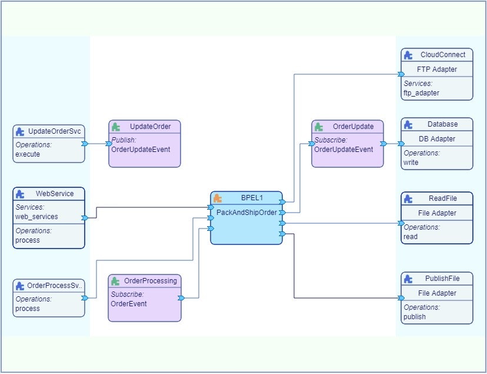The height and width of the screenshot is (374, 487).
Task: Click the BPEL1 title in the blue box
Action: (x=253, y=198)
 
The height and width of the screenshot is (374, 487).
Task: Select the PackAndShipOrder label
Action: (x=246, y=212)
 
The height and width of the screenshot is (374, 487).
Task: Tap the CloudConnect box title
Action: (x=443, y=55)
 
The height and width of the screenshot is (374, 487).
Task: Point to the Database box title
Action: (x=442, y=124)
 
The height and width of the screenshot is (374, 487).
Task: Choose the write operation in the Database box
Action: (x=411, y=162)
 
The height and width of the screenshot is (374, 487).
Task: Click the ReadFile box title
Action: (x=443, y=198)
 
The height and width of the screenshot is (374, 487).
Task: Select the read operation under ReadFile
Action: (x=411, y=236)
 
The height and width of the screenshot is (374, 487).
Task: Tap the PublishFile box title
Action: (x=442, y=279)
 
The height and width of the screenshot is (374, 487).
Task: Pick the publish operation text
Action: (x=415, y=316)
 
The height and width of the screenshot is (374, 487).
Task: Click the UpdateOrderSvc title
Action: (x=54, y=131)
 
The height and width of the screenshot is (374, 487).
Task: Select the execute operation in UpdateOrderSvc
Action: (x=28, y=155)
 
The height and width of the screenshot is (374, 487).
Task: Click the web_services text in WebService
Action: (x=36, y=217)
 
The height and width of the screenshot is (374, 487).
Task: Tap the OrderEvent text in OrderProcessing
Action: (x=129, y=304)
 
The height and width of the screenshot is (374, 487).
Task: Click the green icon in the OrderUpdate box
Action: (x=318, y=127)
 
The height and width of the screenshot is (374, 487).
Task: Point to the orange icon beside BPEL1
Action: (x=218, y=198)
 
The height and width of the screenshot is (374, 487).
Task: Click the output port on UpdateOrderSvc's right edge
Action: (x=85, y=144)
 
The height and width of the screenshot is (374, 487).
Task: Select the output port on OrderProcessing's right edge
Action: (x=181, y=298)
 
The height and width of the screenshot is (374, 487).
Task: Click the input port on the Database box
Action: (x=401, y=144)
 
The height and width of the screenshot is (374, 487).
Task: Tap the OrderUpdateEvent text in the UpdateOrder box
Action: (x=141, y=150)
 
